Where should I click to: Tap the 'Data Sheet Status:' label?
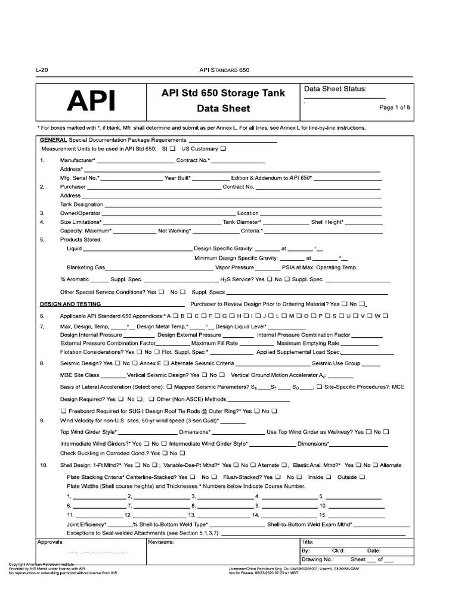click(335, 89)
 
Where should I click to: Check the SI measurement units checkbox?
click(172, 148)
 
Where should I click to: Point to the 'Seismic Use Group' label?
click(336, 363)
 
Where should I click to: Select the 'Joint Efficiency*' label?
click(86, 524)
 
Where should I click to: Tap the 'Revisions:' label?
click(160, 542)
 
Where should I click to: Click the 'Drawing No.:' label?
click(318, 560)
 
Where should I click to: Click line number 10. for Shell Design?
click(44, 465)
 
